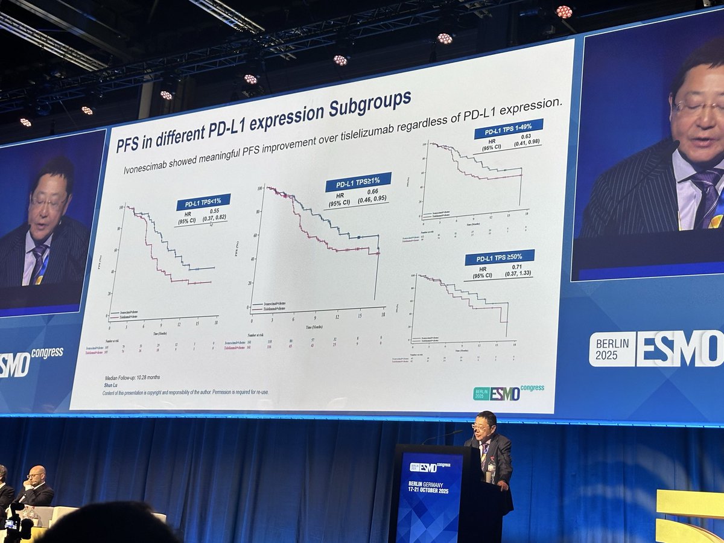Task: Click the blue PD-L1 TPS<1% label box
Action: pyautogui.click(x=203, y=202)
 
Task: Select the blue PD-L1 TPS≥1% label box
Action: pyautogui.click(x=358, y=182)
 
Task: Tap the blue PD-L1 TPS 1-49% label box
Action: pyautogui.click(x=508, y=129)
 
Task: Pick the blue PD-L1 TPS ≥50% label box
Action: pyautogui.click(x=499, y=257)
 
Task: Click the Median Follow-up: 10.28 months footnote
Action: pyautogui.click(x=132, y=377)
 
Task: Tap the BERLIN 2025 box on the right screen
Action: pyautogui.click(x=612, y=349)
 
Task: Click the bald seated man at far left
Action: pyautogui.click(x=37, y=486)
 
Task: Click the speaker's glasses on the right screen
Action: pyautogui.click(x=697, y=107)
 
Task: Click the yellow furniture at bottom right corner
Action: pyautogui.click(x=690, y=516)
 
